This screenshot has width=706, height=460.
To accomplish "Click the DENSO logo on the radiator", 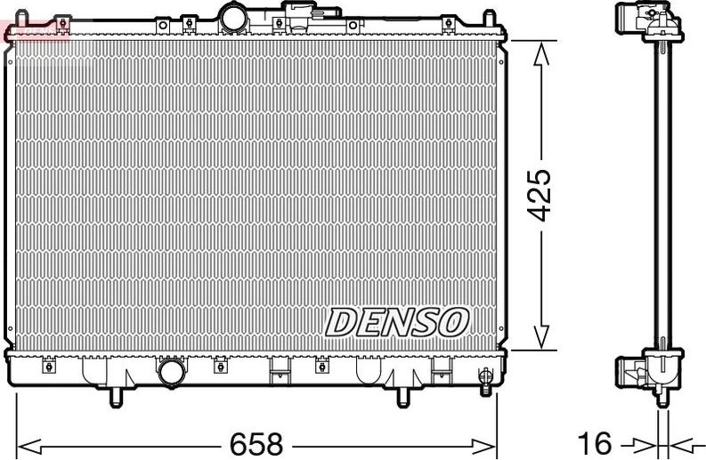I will pyautogui.click(x=397, y=322).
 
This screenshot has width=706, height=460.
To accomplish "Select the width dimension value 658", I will pyautogui.click(x=256, y=442).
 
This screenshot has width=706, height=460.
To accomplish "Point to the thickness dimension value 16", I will pyautogui.click(x=597, y=442).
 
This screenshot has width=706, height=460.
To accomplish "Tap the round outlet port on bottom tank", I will pyautogui.click(x=169, y=373).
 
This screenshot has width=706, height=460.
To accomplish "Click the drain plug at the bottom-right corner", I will pyautogui.click(x=485, y=378).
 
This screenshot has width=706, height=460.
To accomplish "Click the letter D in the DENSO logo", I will pyautogui.click(x=342, y=323).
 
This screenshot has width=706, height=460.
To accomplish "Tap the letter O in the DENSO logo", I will pyautogui.click(x=452, y=322).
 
